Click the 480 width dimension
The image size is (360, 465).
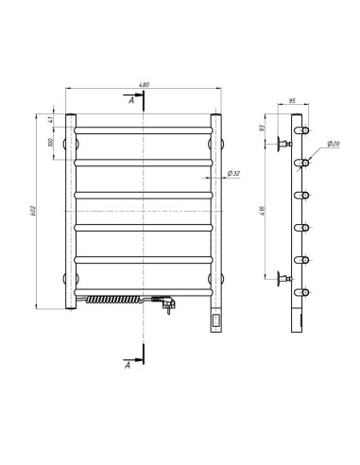pos(144,86)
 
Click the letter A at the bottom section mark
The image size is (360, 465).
pos(130,363)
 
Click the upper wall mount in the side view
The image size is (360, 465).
pos(282,146)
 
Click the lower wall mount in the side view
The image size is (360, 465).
pos(282,277)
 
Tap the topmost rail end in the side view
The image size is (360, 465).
pos(304,130)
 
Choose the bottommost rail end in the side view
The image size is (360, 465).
pos(304,291)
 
